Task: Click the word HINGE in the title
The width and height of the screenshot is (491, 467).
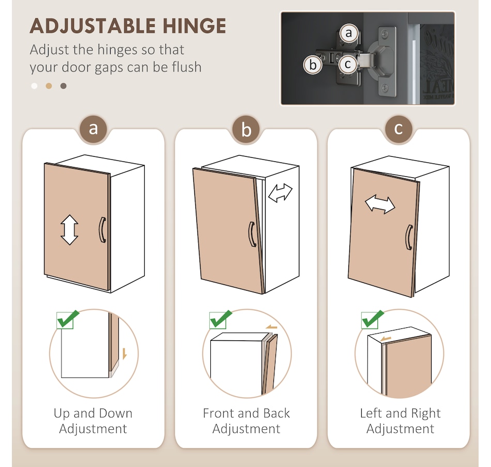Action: click(194, 26)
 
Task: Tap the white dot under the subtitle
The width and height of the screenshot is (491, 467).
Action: click(35, 86)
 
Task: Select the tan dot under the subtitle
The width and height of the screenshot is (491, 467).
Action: click(49, 86)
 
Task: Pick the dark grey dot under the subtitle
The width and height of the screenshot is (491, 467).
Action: click(64, 86)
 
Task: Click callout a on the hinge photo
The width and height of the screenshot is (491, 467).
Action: click(349, 33)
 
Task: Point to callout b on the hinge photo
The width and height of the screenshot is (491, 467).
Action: click(313, 65)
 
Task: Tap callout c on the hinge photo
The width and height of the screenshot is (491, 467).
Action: click(348, 64)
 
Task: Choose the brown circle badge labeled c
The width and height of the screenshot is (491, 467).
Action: click(398, 129)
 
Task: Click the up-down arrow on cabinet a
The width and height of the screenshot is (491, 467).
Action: click(69, 230)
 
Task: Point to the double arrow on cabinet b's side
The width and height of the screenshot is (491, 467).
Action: click(280, 193)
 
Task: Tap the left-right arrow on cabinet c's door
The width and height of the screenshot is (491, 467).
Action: click(380, 205)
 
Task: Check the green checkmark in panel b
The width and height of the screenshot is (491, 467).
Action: click(221, 320)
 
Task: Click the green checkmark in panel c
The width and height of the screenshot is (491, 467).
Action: click(373, 320)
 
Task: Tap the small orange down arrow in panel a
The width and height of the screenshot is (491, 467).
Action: click(125, 354)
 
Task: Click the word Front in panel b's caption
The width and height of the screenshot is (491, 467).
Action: click(218, 413)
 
